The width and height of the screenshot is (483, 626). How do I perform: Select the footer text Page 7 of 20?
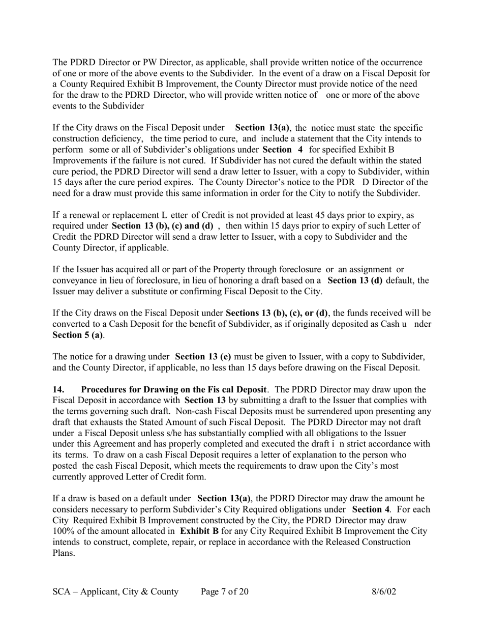coord(225,591)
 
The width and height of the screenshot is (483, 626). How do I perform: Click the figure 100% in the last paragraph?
coord(64,531)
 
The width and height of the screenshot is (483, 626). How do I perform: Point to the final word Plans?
coord(64,553)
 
